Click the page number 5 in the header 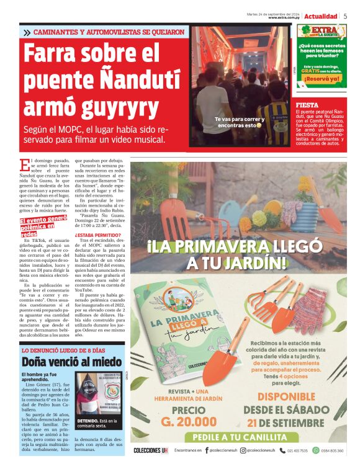pos(345,16)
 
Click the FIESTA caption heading pos(308,105)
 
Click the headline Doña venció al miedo pos(72,362)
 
